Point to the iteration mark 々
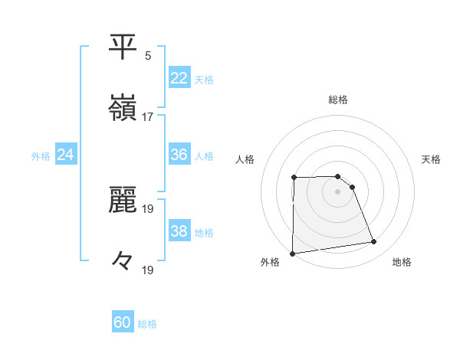point(123,261)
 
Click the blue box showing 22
point(179,78)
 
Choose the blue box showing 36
point(179,155)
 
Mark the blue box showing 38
point(179,231)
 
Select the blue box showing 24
point(65,155)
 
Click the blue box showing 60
point(123,323)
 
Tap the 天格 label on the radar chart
point(431,159)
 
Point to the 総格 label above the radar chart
point(338,100)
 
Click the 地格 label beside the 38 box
point(204,232)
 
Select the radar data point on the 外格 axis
point(292,254)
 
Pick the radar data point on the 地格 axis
point(374,242)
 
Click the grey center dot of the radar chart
point(338,191)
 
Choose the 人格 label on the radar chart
point(245,159)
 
